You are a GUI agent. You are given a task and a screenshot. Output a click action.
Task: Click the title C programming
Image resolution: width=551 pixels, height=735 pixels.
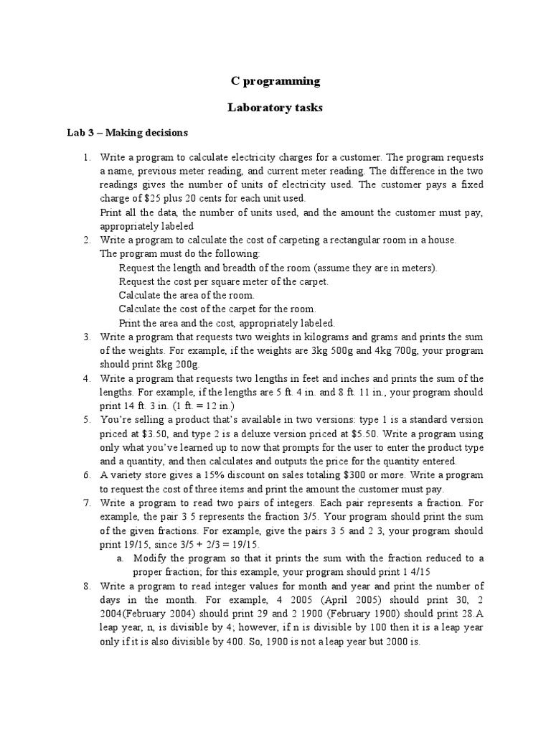tap(275, 81)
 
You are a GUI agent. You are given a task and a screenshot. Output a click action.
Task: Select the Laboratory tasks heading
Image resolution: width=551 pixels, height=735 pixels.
tap(275, 108)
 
